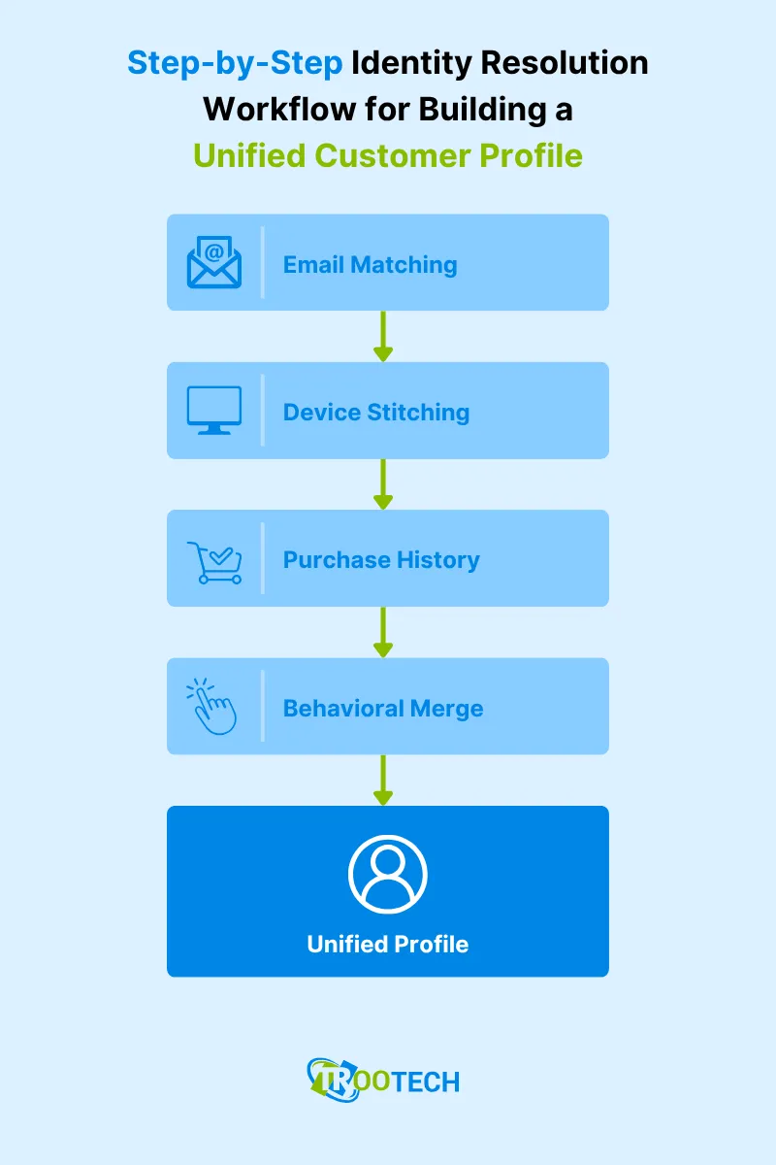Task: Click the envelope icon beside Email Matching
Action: pyautogui.click(x=214, y=263)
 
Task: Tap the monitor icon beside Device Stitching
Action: pyautogui.click(x=213, y=411)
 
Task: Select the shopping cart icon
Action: pyautogui.click(x=213, y=560)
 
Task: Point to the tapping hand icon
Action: pyautogui.click(x=213, y=708)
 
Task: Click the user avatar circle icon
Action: pyautogui.click(x=387, y=874)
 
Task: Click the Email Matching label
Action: pyautogui.click(x=370, y=264)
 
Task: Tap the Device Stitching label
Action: pyautogui.click(x=376, y=412)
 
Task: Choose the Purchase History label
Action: pyautogui.click(x=381, y=560)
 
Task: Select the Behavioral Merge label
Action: pyautogui.click(x=383, y=708)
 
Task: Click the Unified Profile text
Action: pyautogui.click(x=388, y=944)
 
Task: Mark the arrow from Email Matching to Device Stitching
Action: pyautogui.click(x=383, y=336)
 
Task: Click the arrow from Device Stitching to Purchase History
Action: pyautogui.click(x=383, y=483)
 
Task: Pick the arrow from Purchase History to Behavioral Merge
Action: pyautogui.click(x=383, y=632)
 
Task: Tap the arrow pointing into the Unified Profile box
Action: pyautogui.click(x=383, y=780)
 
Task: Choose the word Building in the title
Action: pyautogui.click(x=483, y=109)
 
